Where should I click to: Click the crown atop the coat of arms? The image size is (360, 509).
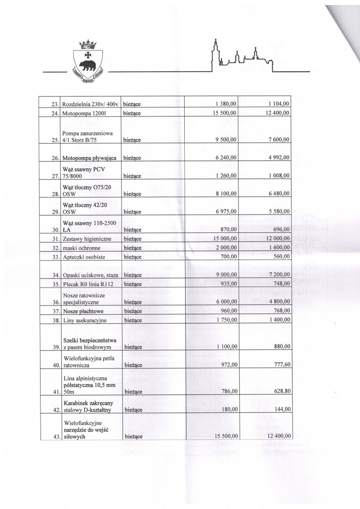[88, 44]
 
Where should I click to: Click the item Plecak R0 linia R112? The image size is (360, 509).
[89, 284]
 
